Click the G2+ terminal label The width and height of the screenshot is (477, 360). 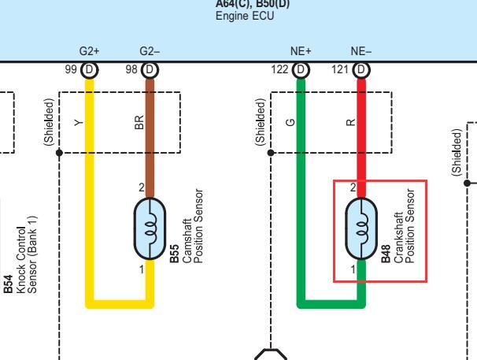[x=89, y=51]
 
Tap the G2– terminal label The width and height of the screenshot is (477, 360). [x=150, y=51]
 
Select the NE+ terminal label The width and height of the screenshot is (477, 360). [x=301, y=51]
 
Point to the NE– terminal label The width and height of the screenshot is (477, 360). [x=361, y=51]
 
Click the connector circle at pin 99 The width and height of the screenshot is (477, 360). [x=90, y=70]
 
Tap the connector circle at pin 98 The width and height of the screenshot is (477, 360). [x=150, y=70]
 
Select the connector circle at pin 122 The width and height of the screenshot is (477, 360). [x=301, y=70]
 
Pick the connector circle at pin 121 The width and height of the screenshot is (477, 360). [x=361, y=70]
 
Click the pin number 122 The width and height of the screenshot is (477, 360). [x=279, y=69]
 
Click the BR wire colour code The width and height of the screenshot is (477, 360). [x=139, y=122]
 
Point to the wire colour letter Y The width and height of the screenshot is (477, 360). [x=79, y=123]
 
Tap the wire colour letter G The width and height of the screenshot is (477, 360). [x=290, y=122]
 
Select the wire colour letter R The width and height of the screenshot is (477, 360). [x=351, y=122]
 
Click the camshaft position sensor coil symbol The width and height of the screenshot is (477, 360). [x=150, y=228]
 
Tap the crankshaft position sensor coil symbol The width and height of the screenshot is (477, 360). [x=361, y=228]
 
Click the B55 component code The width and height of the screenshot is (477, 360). [x=174, y=254]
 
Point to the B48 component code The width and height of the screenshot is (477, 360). [x=386, y=254]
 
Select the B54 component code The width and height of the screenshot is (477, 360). [x=8, y=284]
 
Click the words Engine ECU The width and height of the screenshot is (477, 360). [x=245, y=16]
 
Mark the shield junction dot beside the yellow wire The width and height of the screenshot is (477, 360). [x=59, y=153]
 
